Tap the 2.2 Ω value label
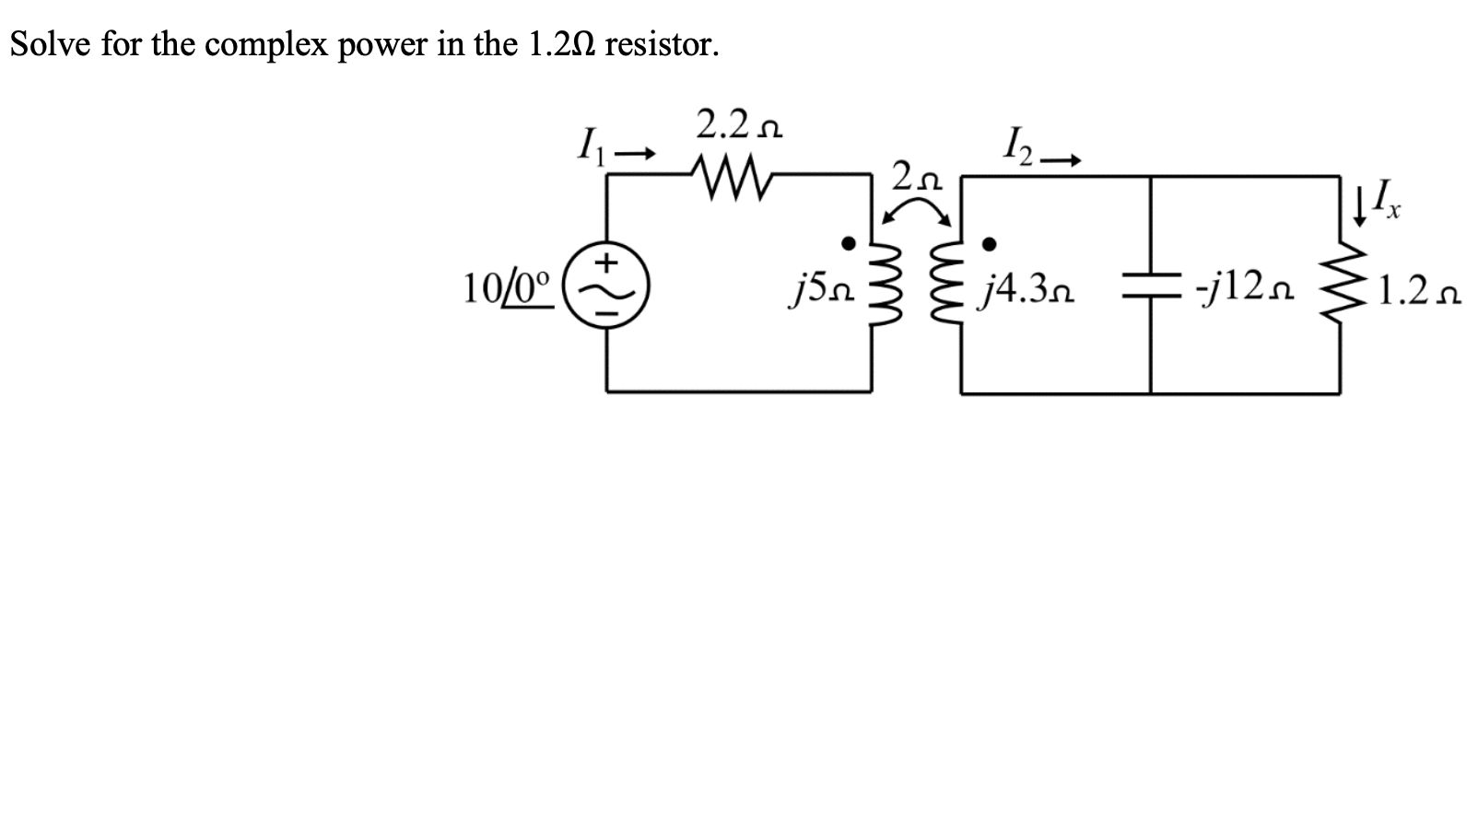tap(739, 124)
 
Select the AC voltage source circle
tap(606, 286)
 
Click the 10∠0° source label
tap(508, 288)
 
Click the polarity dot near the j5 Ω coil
tap(849, 243)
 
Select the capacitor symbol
tap(1150, 286)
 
